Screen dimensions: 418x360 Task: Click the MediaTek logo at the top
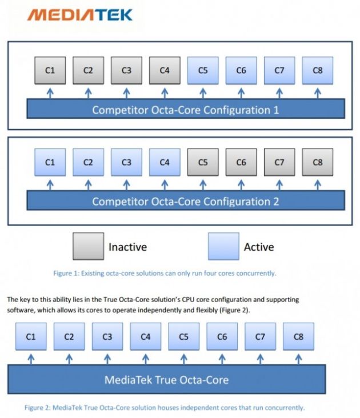pyautogui.click(x=79, y=14)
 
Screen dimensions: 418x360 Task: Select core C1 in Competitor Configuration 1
pyautogui.click(x=50, y=71)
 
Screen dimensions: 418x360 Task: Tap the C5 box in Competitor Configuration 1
pyautogui.click(x=203, y=71)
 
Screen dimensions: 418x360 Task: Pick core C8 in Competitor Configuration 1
pyautogui.click(x=318, y=71)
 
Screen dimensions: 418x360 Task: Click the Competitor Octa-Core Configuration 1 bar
pyautogui.click(x=186, y=109)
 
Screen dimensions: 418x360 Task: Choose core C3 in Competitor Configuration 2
pyautogui.click(x=126, y=162)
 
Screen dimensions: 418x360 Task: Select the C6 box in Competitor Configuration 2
pyautogui.click(x=241, y=162)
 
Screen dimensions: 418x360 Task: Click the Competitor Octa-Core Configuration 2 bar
pyautogui.click(x=186, y=201)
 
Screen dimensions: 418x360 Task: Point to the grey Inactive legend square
pyautogui.click(x=88, y=247)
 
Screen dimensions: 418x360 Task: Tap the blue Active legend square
pyautogui.click(x=223, y=247)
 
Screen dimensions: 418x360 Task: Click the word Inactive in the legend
pyautogui.click(x=127, y=247)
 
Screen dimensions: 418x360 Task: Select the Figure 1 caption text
pyautogui.click(x=165, y=273)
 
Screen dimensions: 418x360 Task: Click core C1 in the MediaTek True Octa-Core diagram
pyautogui.click(x=31, y=337)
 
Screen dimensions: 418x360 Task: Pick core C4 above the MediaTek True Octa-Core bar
pyautogui.click(x=146, y=337)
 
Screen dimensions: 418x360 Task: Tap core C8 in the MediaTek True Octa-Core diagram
pyautogui.click(x=298, y=337)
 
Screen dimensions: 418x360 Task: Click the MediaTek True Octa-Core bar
pyautogui.click(x=166, y=379)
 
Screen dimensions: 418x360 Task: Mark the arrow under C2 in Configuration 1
pyautogui.click(x=88, y=92)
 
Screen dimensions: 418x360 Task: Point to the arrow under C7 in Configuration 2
pyautogui.click(x=279, y=184)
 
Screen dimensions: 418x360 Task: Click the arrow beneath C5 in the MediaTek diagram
pyautogui.click(x=183, y=359)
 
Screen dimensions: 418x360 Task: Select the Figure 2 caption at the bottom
pyautogui.click(x=165, y=408)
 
